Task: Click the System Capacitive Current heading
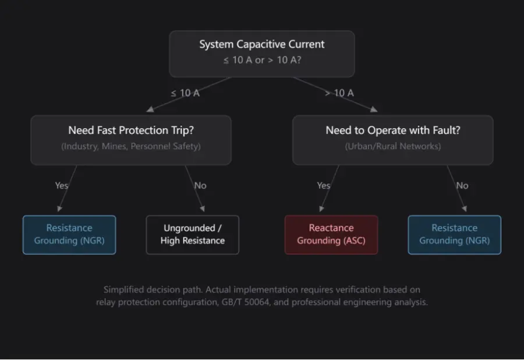pos(261,44)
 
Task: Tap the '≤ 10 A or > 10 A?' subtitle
pos(262,60)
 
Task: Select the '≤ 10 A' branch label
pos(185,93)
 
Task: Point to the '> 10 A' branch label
pos(339,93)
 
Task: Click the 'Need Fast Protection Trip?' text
pos(131,130)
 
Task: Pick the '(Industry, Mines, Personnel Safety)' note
pos(131,146)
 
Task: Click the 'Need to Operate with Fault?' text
pos(393,130)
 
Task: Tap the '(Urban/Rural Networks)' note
pos(393,146)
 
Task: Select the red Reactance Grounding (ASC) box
pos(331,235)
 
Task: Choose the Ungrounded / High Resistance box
pos(193,235)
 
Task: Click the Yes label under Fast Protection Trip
pos(62,185)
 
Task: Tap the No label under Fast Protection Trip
pos(200,185)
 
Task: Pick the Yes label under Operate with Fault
pos(324,185)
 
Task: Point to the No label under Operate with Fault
pos(462,185)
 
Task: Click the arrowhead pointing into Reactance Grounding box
pos(321,209)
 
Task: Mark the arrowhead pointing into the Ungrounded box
pos(202,209)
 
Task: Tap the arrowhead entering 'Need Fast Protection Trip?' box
pos(150,109)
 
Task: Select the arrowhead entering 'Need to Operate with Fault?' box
pos(374,109)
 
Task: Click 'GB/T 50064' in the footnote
pos(245,302)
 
